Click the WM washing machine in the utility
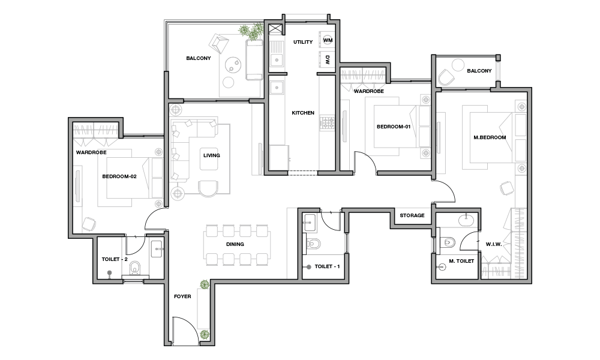(x=328, y=40)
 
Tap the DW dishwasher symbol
(x=327, y=59)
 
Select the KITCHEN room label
(x=303, y=113)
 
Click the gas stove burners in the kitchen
(x=327, y=123)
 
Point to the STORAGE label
(x=412, y=215)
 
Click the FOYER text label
(x=182, y=296)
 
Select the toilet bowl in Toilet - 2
(x=134, y=268)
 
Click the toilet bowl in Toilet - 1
(x=314, y=244)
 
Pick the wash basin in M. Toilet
(x=466, y=220)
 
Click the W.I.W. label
(x=494, y=244)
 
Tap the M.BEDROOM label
(x=490, y=137)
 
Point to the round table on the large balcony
(x=233, y=65)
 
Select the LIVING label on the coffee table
(x=212, y=155)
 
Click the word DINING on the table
(x=235, y=244)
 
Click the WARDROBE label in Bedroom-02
(x=91, y=152)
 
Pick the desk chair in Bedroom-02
(x=89, y=224)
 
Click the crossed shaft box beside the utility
(x=275, y=29)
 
